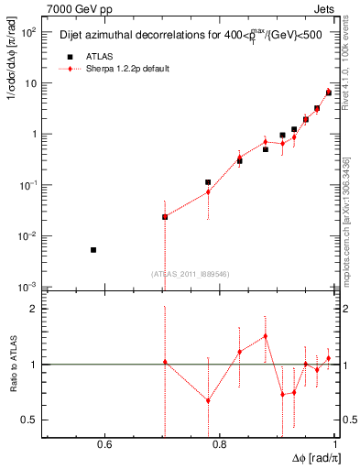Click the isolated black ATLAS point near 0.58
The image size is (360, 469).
(93, 250)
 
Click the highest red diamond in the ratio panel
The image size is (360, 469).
(265, 335)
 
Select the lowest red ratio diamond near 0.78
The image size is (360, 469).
(208, 400)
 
